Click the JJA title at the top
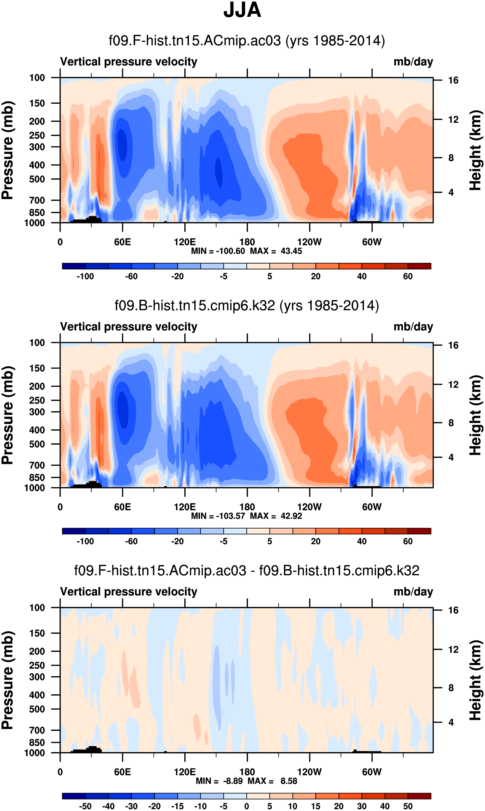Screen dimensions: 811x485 click(x=242, y=10)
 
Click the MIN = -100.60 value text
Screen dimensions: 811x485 click(x=218, y=251)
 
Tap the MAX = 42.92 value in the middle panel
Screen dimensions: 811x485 click(x=276, y=516)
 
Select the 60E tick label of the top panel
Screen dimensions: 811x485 click(x=122, y=242)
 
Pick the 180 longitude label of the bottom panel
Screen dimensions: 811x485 click(x=247, y=772)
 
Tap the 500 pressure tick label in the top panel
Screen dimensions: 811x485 click(x=37, y=179)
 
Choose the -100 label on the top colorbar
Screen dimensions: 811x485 click(x=85, y=276)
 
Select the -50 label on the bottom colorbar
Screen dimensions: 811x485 click(x=85, y=806)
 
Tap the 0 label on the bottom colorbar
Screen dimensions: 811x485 click(x=247, y=806)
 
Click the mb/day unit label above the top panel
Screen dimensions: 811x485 click(x=413, y=62)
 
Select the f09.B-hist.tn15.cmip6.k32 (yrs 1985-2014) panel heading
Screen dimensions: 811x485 click(x=247, y=306)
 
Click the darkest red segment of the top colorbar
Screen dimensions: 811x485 click(x=419, y=266)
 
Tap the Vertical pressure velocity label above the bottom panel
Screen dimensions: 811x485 click(x=129, y=592)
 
